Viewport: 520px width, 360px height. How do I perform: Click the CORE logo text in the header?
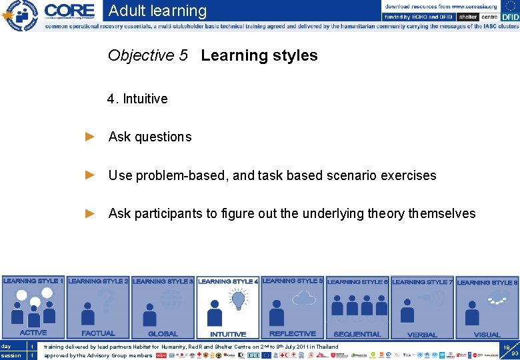[70, 11]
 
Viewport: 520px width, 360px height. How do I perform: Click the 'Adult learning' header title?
[157, 11]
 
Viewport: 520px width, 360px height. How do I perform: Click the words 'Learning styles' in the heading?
[259, 55]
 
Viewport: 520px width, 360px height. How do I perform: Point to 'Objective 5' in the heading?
[148, 55]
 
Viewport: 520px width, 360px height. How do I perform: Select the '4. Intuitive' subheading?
[137, 99]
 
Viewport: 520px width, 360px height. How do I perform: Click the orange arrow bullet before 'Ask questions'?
[91, 137]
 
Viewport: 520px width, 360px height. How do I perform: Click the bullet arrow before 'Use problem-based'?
[91, 175]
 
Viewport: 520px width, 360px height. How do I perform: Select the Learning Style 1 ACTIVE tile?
[33, 307]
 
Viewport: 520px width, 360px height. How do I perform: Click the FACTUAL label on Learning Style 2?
[98, 333]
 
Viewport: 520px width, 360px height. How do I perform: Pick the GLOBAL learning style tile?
[163, 307]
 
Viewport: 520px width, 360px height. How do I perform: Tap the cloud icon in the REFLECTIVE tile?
[304, 299]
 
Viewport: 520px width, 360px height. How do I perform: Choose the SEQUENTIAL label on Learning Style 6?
[357, 333]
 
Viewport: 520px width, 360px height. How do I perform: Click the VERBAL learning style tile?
[422, 307]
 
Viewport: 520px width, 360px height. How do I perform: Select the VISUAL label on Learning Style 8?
[487, 334]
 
